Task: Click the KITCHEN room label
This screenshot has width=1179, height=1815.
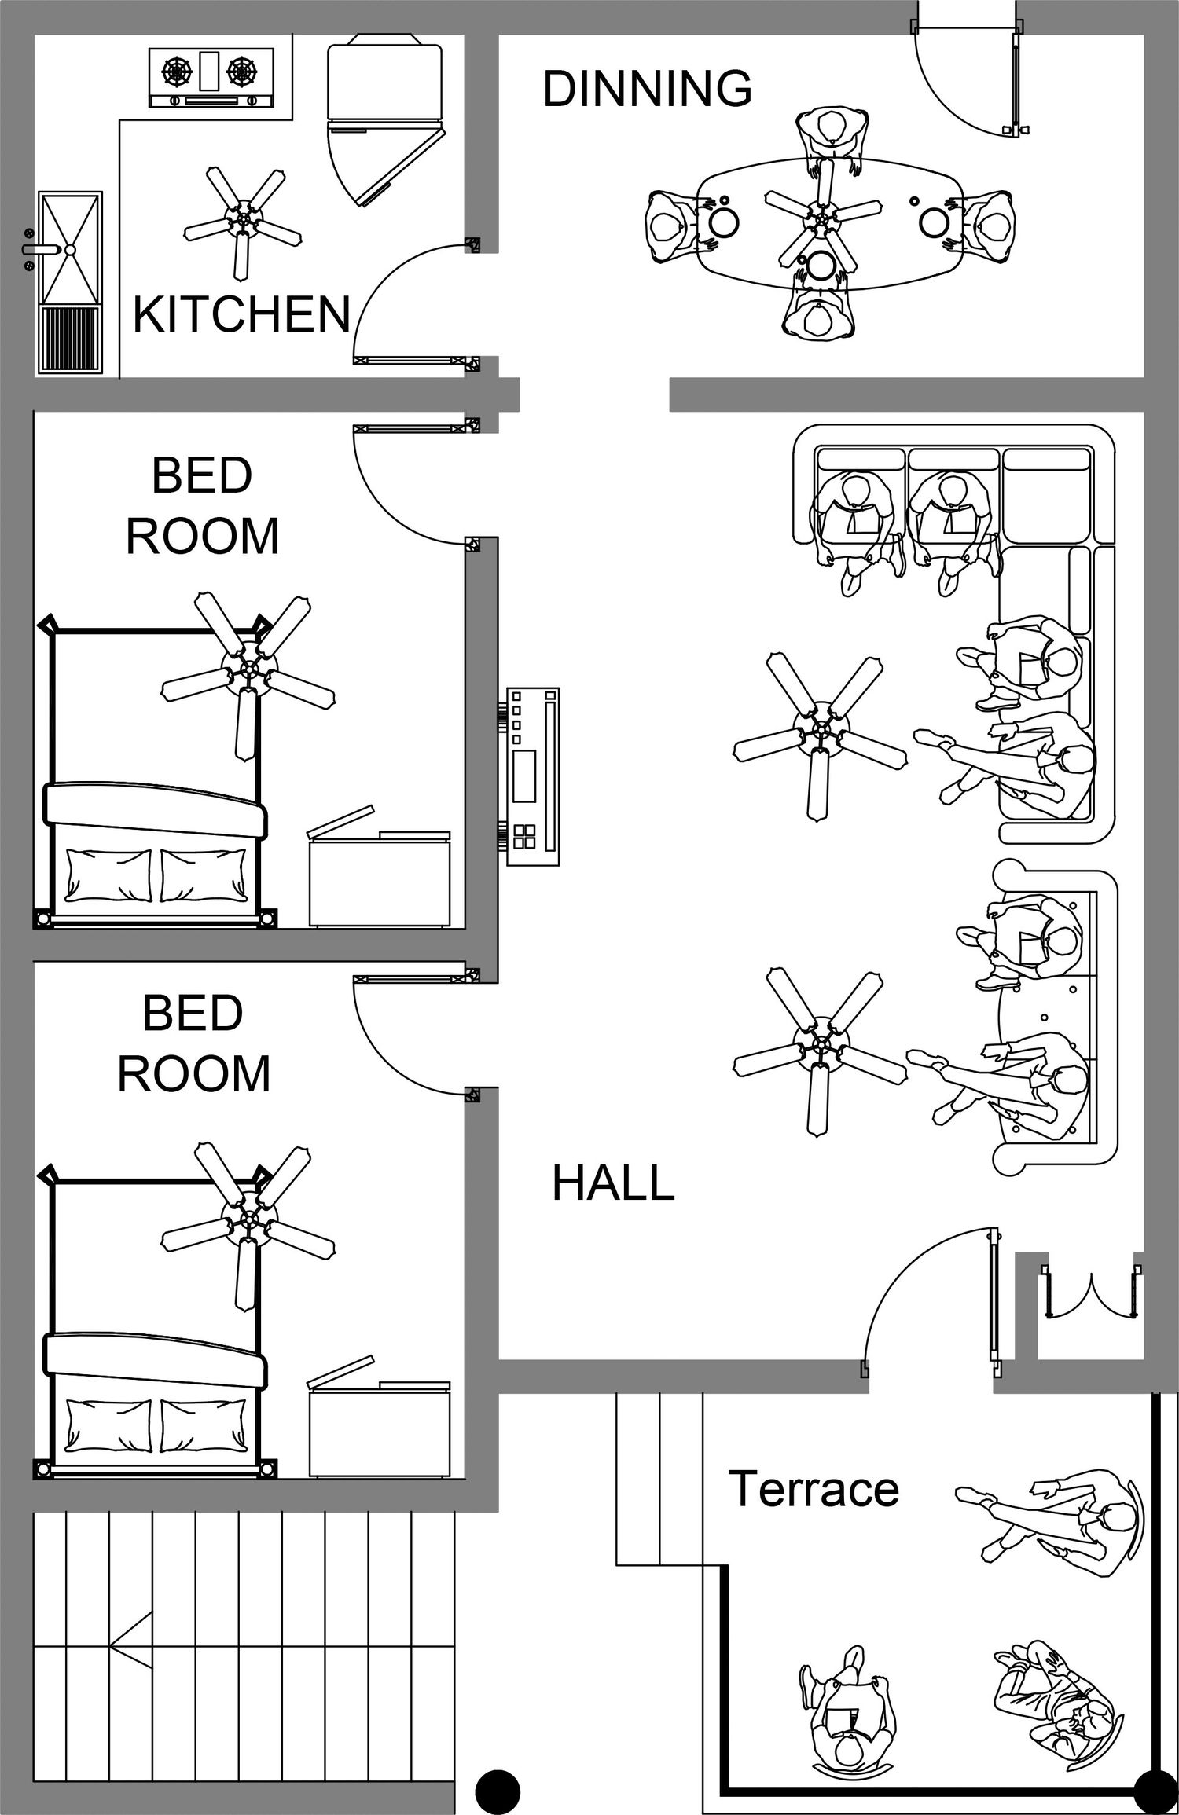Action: (x=241, y=314)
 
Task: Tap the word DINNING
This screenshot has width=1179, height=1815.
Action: (x=647, y=88)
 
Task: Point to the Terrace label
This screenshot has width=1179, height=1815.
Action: (x=814, y=1489)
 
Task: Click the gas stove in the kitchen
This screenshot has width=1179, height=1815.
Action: (x=211, y=77)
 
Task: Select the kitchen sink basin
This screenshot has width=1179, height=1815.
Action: (x=70, y=247)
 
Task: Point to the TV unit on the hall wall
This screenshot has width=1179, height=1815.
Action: (x=532, y=776)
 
